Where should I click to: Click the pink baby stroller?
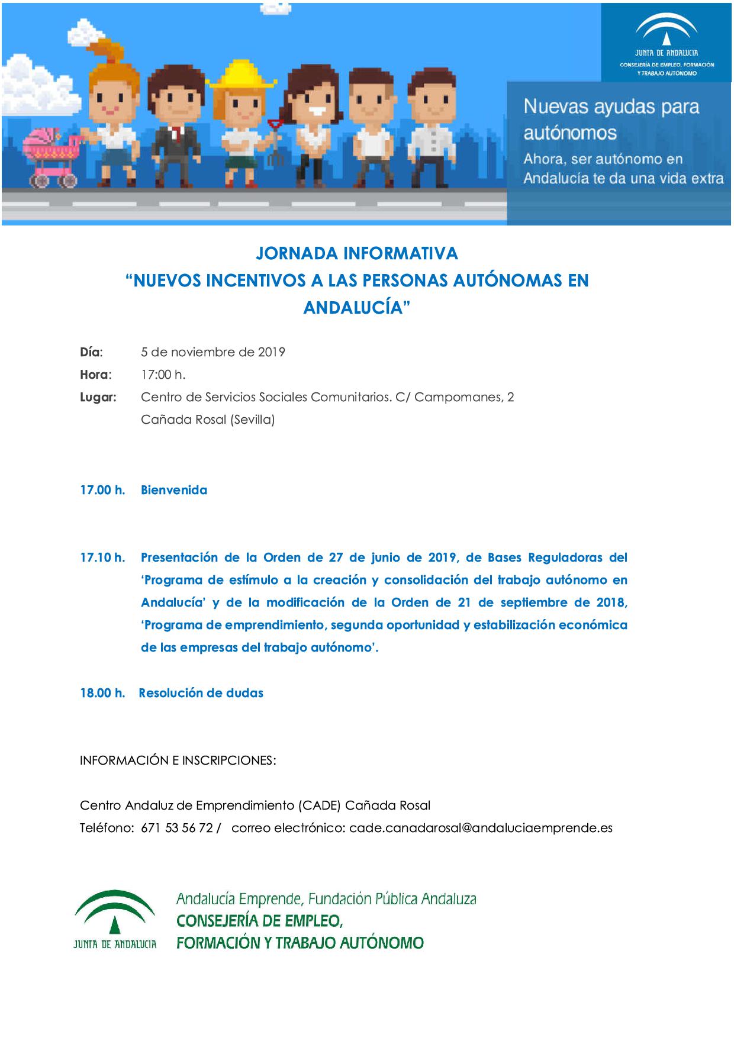tap(50, 157)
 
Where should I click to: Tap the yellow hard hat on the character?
tap(242, 75)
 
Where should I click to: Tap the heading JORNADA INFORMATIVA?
tap(357, 253)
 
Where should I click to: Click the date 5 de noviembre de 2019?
tap(213, 352)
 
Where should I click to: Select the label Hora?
tap(95, 375)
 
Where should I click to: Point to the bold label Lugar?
tap(98, 397)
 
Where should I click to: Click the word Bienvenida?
tap(174, 490)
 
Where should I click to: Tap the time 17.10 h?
tap(102, 557)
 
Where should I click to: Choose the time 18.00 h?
tap(102, 693)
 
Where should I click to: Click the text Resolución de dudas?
tap(201, 693)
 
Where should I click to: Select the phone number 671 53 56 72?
tap(177, 828)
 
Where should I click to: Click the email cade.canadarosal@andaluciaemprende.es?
tap(481, 828)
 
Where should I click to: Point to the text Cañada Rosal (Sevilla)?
tap(208, 420)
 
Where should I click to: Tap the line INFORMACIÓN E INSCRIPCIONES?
tap(178, 760)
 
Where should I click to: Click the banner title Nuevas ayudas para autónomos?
tap(611, 119)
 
